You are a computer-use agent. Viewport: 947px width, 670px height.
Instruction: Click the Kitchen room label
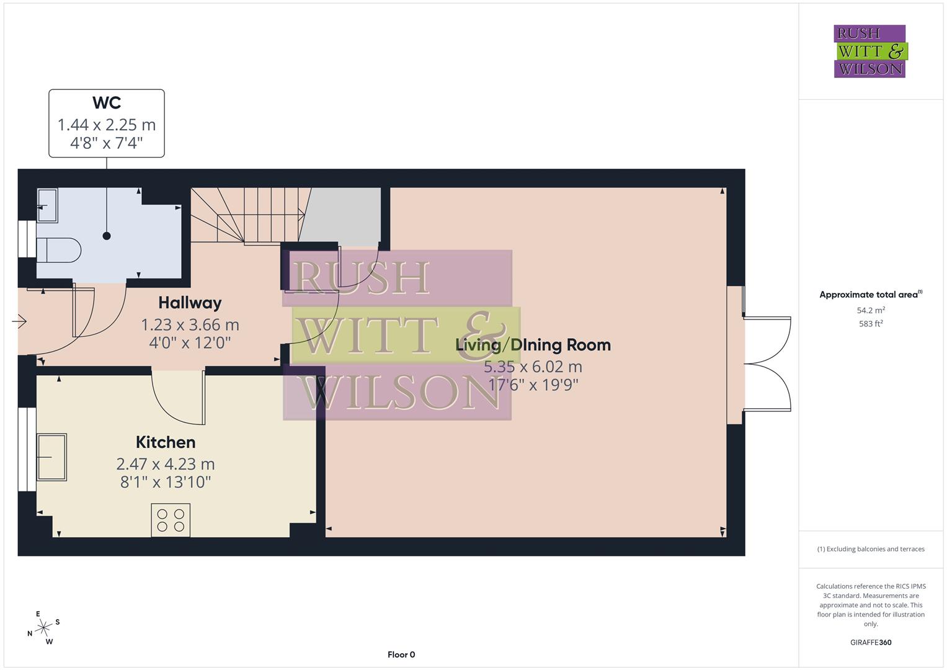[166, 442]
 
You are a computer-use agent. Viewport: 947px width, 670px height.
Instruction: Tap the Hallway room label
[190, 303]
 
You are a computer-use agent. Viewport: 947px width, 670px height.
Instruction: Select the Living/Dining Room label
[533, 345]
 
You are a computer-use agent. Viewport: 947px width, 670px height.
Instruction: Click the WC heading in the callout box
[107, 103]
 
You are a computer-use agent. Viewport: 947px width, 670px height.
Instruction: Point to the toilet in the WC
[58, 251]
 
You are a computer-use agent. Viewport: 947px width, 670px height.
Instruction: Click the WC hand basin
[47, 205]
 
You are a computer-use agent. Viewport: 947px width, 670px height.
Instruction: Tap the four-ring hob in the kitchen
[171, 520]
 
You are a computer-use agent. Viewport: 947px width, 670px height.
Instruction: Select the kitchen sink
[52, 457]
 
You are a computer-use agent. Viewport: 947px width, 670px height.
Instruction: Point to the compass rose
[43, 628]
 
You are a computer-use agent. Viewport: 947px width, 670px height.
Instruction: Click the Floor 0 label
[401, 654]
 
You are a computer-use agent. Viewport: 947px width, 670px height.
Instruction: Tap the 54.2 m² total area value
[871, 310]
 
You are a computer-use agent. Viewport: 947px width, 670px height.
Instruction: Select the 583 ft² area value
[871, 324]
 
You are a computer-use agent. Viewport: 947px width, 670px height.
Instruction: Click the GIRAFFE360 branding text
[871, 643]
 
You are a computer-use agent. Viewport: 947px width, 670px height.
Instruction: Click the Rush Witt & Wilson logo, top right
[869, 51]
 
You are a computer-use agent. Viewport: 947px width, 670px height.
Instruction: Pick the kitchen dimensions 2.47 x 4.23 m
[166, 464]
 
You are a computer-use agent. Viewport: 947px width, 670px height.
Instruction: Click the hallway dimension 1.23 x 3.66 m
[190, 324]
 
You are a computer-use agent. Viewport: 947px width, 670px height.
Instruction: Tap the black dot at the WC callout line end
[107, 236]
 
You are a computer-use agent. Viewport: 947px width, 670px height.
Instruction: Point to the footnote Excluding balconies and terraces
[871, 549]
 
